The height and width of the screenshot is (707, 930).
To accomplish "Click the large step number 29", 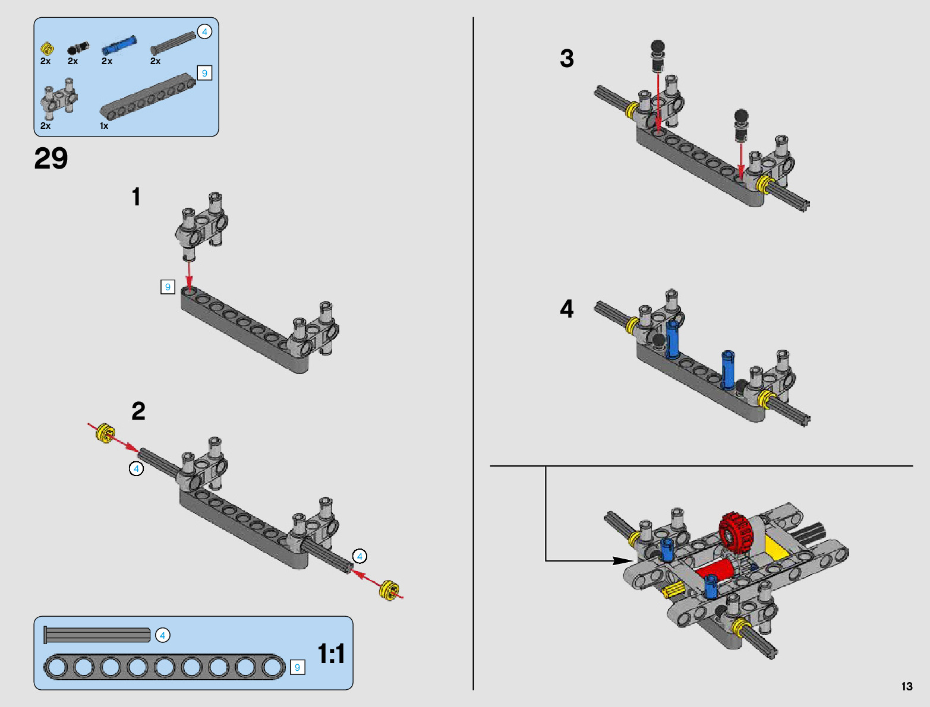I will tap(51, 158).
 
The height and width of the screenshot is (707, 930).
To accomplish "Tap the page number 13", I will tap(906, 686).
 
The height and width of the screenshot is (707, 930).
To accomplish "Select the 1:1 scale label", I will tap(331, 654).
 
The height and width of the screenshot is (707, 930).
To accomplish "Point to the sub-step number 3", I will tap(566, 59).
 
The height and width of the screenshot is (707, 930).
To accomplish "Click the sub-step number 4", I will tap(566, 309).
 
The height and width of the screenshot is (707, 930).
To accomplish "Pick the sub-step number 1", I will tap(136, 197).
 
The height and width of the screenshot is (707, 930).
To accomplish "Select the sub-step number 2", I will tap(138, 411).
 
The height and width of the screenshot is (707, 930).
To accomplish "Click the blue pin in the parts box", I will tap(119, 45).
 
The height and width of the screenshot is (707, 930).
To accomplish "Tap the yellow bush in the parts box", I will tap(47, 47).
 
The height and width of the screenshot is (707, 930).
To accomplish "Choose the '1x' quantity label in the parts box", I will tap(104, 126).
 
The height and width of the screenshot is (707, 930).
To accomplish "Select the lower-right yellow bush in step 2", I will tap(389, 589).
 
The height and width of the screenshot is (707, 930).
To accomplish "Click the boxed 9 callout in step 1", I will tap(168, 287).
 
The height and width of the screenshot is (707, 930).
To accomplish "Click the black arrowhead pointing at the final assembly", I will tap(623, 560).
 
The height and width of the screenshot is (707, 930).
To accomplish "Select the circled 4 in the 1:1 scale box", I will tap(162, 635).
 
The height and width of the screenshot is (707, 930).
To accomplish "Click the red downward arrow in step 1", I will tap(189, 274).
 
